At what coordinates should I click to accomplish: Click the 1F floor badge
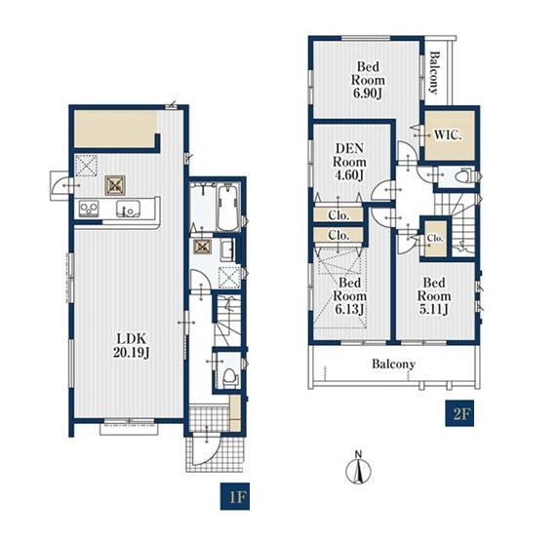[x=234, y=496]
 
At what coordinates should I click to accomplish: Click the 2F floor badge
[x=459, y=413]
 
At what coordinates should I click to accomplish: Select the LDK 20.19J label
[x=131, y=345]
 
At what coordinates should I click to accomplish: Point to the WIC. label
[x=448, y=135]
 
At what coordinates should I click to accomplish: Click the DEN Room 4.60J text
[x=349, y=162]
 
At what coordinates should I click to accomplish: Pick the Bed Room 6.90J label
[x=368, y=80]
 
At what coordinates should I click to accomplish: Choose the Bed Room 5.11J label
[x=434, y=296]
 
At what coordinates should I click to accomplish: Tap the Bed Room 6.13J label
[x=349, y=296]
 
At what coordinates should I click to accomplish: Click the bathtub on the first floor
[x=228, y=208]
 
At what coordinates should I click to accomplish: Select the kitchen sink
[x=128, y=209]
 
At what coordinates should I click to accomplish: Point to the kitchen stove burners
[x=89, y=208]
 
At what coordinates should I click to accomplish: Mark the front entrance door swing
[x=205, y=450]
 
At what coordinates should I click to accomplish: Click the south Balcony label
[x=393, y=364]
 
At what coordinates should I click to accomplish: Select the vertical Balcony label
[x=433, y=73]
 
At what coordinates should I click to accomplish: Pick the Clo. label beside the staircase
[x=435, y=238]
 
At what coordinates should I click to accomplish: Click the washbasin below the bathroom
[x=227, y=249]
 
